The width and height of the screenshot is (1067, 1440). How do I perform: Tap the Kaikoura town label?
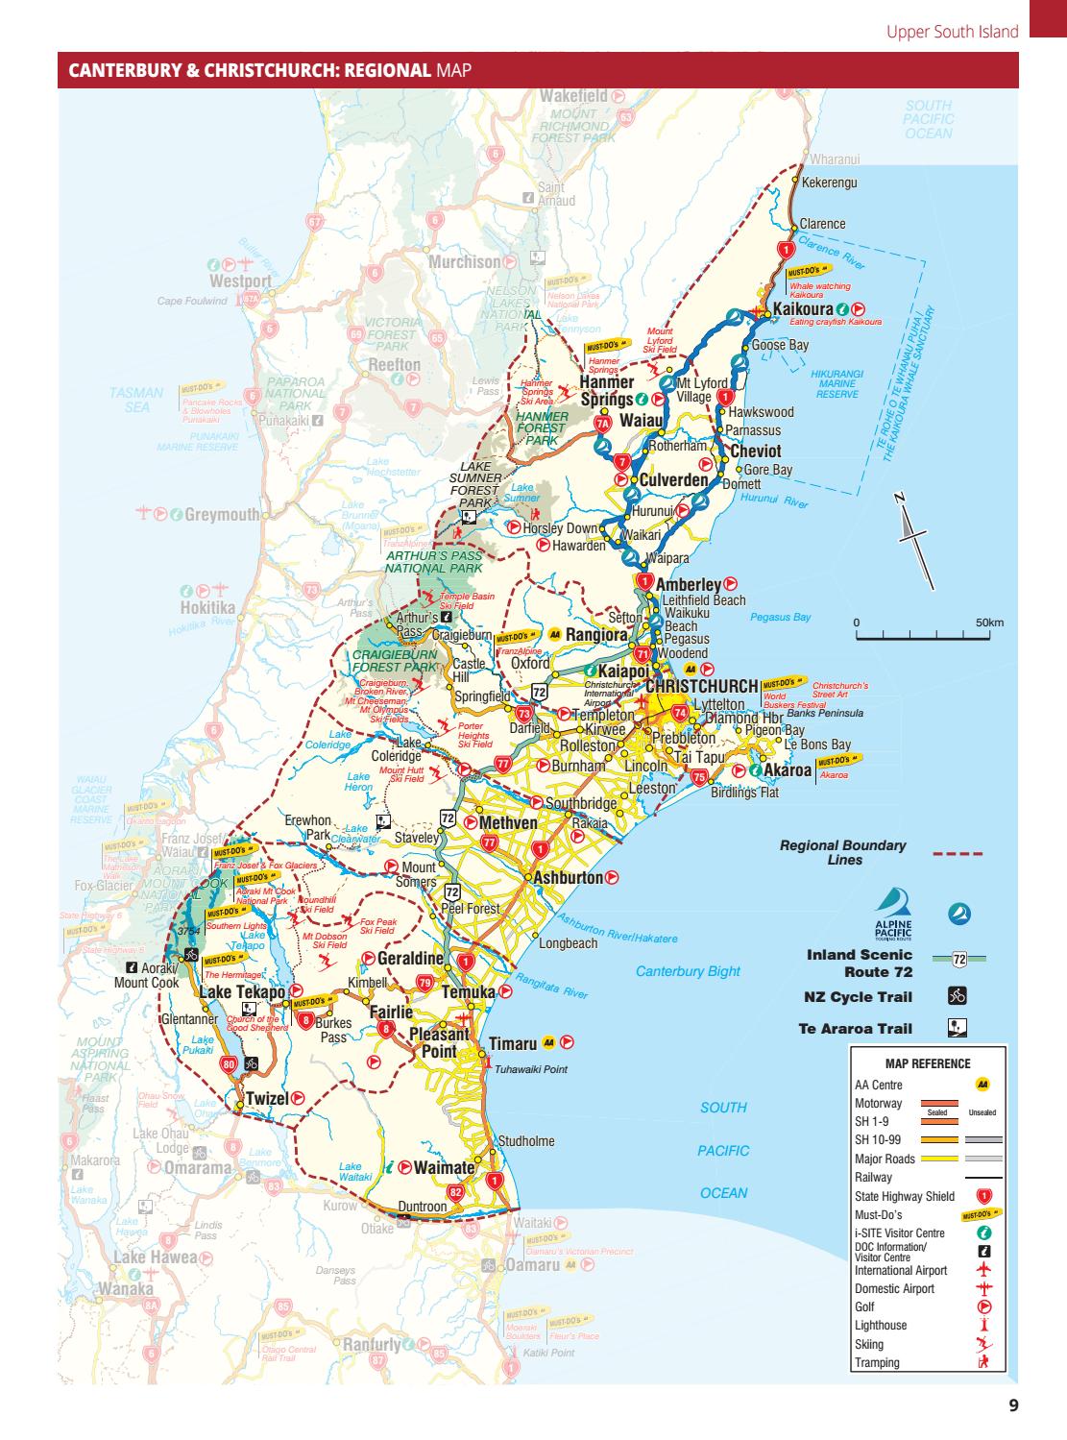tap(802, 309)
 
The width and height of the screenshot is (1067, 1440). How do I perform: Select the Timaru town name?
tap(512, 1044)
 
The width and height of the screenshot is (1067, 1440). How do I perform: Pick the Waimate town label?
tap(444, 1168)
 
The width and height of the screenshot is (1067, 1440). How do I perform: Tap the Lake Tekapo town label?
tap(241, 991)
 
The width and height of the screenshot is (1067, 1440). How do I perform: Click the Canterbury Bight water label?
tap(688, 971)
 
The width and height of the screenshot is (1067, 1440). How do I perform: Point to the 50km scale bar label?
tap(989, 622)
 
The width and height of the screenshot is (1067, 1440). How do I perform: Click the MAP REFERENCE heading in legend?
tap(927, 1063)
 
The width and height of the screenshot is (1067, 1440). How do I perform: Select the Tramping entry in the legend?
tap(877, 1362)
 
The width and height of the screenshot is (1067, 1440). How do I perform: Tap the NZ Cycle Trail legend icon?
tap(957, 996)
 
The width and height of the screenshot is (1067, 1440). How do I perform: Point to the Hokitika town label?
tap(207, 608)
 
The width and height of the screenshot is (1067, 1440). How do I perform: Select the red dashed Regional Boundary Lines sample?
tap(958, 852)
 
